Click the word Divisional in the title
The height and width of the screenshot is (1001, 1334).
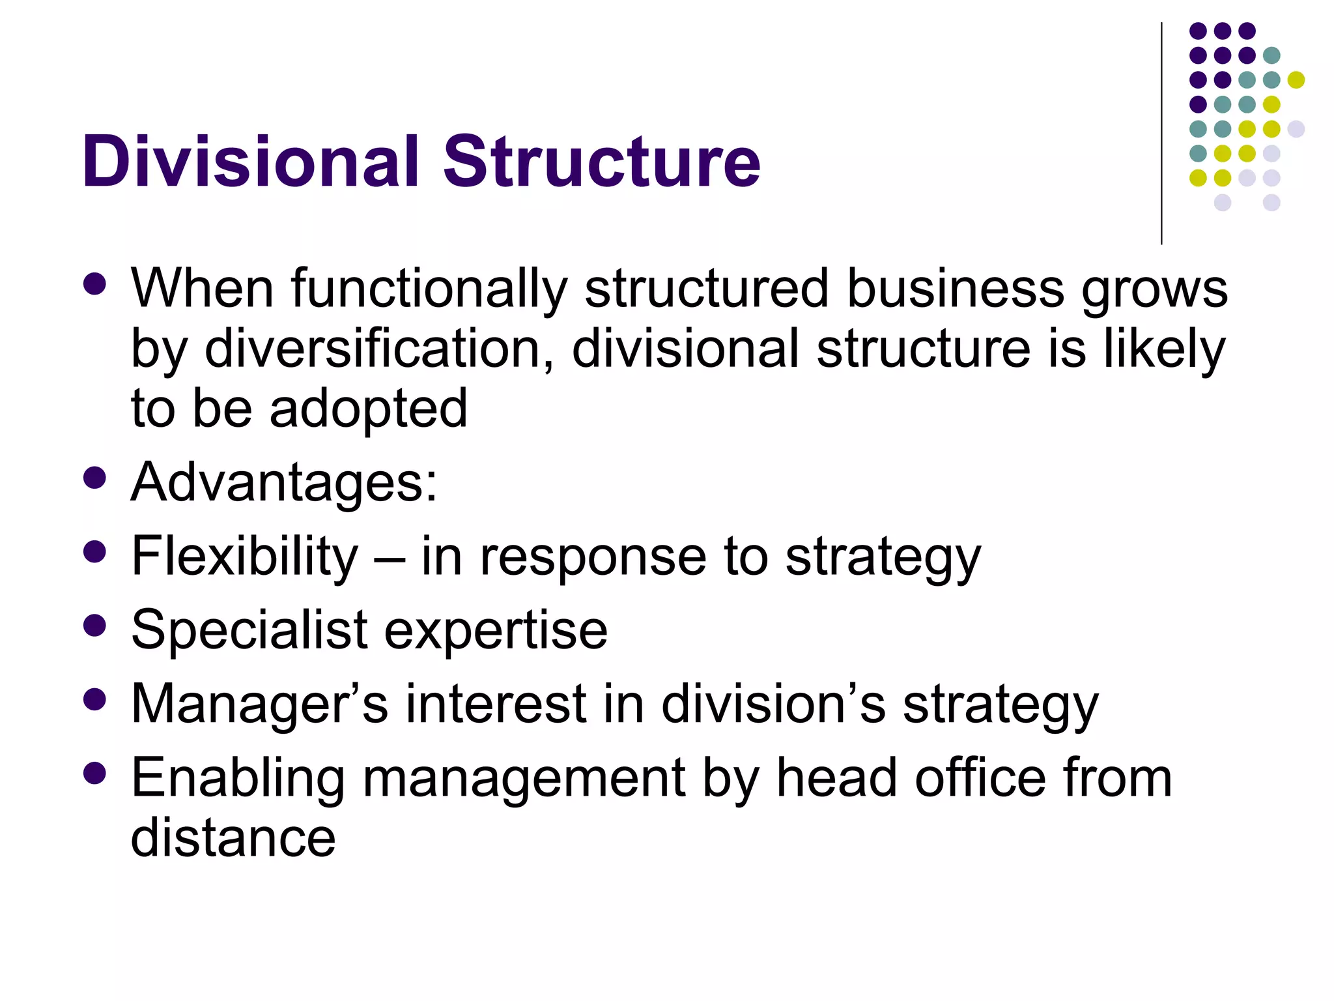coord(251,162)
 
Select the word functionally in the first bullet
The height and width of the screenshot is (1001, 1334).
coord(429,290)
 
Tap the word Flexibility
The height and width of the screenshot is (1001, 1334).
coord(245,557)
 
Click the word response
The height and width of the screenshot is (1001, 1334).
coord(593,557)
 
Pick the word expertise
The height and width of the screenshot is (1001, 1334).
coord(496,631)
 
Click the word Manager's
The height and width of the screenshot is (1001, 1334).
coord(260,704)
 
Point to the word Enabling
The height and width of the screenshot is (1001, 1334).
coord(238,779)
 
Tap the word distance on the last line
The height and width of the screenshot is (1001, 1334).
coord(233,838)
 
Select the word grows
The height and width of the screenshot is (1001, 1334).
coord(1154,290)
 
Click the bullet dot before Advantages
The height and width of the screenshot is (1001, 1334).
coord(95,478)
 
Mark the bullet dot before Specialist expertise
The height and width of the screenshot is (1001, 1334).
coord(95,626)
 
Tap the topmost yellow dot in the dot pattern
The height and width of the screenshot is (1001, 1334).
coord(1296,80)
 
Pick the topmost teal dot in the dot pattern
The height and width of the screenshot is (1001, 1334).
coord(1271,55)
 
